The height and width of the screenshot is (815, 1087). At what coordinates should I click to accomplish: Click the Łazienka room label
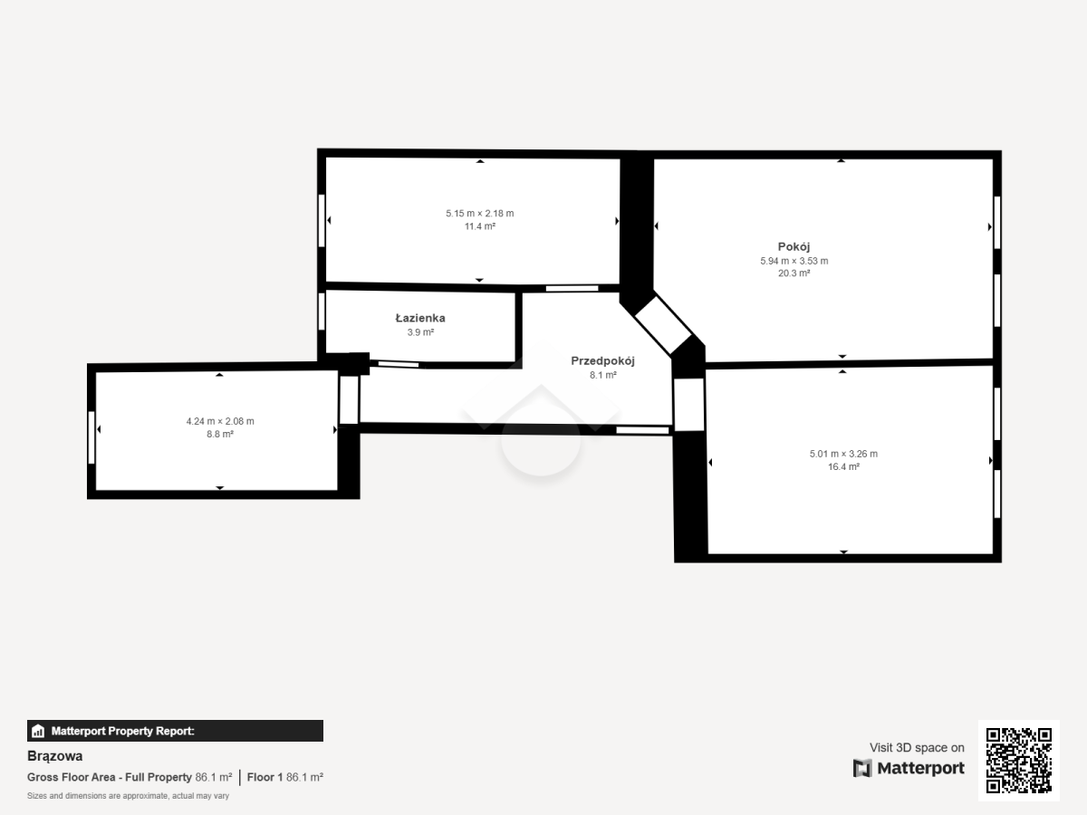point(420,318)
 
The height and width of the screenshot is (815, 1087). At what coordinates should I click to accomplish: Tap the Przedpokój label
point(602,361)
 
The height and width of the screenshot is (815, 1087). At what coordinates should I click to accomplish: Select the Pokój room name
point(794,246)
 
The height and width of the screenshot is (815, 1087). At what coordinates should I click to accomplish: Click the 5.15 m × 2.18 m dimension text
point(479,214)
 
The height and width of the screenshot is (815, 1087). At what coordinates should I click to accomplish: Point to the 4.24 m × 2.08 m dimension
point(220,421)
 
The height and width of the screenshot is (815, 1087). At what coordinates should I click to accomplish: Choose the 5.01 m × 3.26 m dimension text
point(843,454)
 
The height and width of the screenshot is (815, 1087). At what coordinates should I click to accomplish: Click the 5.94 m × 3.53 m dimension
point(794,261)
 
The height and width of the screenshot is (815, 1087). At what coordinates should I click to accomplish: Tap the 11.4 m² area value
point(480,226)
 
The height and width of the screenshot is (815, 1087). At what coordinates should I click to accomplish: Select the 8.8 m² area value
point(220,434)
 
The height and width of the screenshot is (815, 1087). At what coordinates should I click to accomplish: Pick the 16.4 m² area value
point(843,466)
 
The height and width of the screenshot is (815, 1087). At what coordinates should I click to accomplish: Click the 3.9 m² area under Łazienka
point(420,332)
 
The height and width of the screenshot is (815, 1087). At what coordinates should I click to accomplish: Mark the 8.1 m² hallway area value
point(602,375)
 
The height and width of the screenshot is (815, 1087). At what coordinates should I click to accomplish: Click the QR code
point(1019,761)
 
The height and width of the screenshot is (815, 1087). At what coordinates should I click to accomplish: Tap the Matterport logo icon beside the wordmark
point(862,769)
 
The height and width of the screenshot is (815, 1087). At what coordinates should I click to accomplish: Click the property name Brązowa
point(55,756)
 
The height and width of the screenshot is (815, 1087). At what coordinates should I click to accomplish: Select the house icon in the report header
point(38,731)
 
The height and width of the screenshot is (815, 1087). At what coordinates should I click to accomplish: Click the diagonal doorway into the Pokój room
point(663,325)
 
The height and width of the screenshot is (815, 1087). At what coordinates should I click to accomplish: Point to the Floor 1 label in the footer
point(265,777)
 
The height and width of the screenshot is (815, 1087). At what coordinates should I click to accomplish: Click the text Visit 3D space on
point(917,748)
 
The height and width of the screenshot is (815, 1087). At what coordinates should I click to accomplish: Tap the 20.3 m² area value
point(794,273)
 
